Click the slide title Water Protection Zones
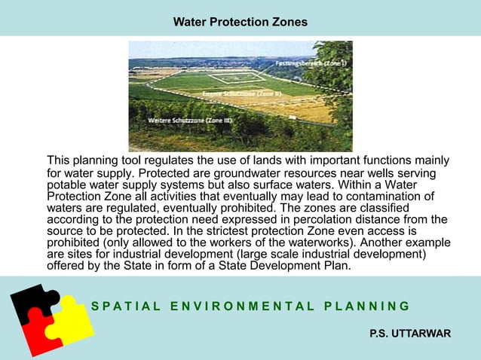240,22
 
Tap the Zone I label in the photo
301,63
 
